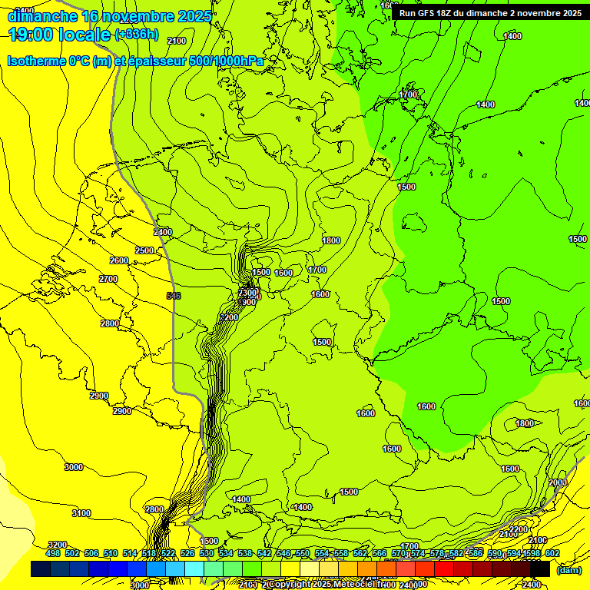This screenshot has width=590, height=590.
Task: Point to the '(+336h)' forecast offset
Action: point(137,35)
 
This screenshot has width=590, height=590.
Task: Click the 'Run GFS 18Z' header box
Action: point(490,12)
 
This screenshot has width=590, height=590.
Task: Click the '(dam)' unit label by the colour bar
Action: point(568,569)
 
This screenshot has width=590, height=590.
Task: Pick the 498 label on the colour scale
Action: point(53,553)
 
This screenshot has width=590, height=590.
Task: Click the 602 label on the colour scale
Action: point(552,553)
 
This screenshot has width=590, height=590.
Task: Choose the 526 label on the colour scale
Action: point(187,553)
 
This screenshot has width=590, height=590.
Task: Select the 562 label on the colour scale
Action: point(360,553)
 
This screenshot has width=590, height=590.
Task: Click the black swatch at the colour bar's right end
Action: point(540,568)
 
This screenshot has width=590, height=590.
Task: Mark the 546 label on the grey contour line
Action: point(174,296)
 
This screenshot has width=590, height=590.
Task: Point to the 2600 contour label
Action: point(119,260)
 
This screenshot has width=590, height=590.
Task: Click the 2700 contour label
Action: point(108,279)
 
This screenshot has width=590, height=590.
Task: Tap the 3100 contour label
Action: point(81,513)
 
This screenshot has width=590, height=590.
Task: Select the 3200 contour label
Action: point(58,545)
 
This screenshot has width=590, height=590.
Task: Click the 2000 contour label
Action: point(557,482)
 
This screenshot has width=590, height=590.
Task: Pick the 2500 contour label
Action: point(144,250)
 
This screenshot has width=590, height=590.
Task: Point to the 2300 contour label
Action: point(247,293)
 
